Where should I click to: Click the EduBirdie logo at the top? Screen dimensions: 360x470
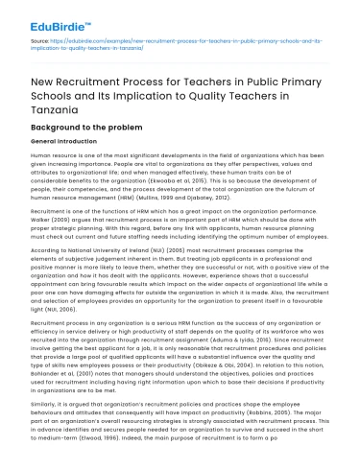50,17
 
